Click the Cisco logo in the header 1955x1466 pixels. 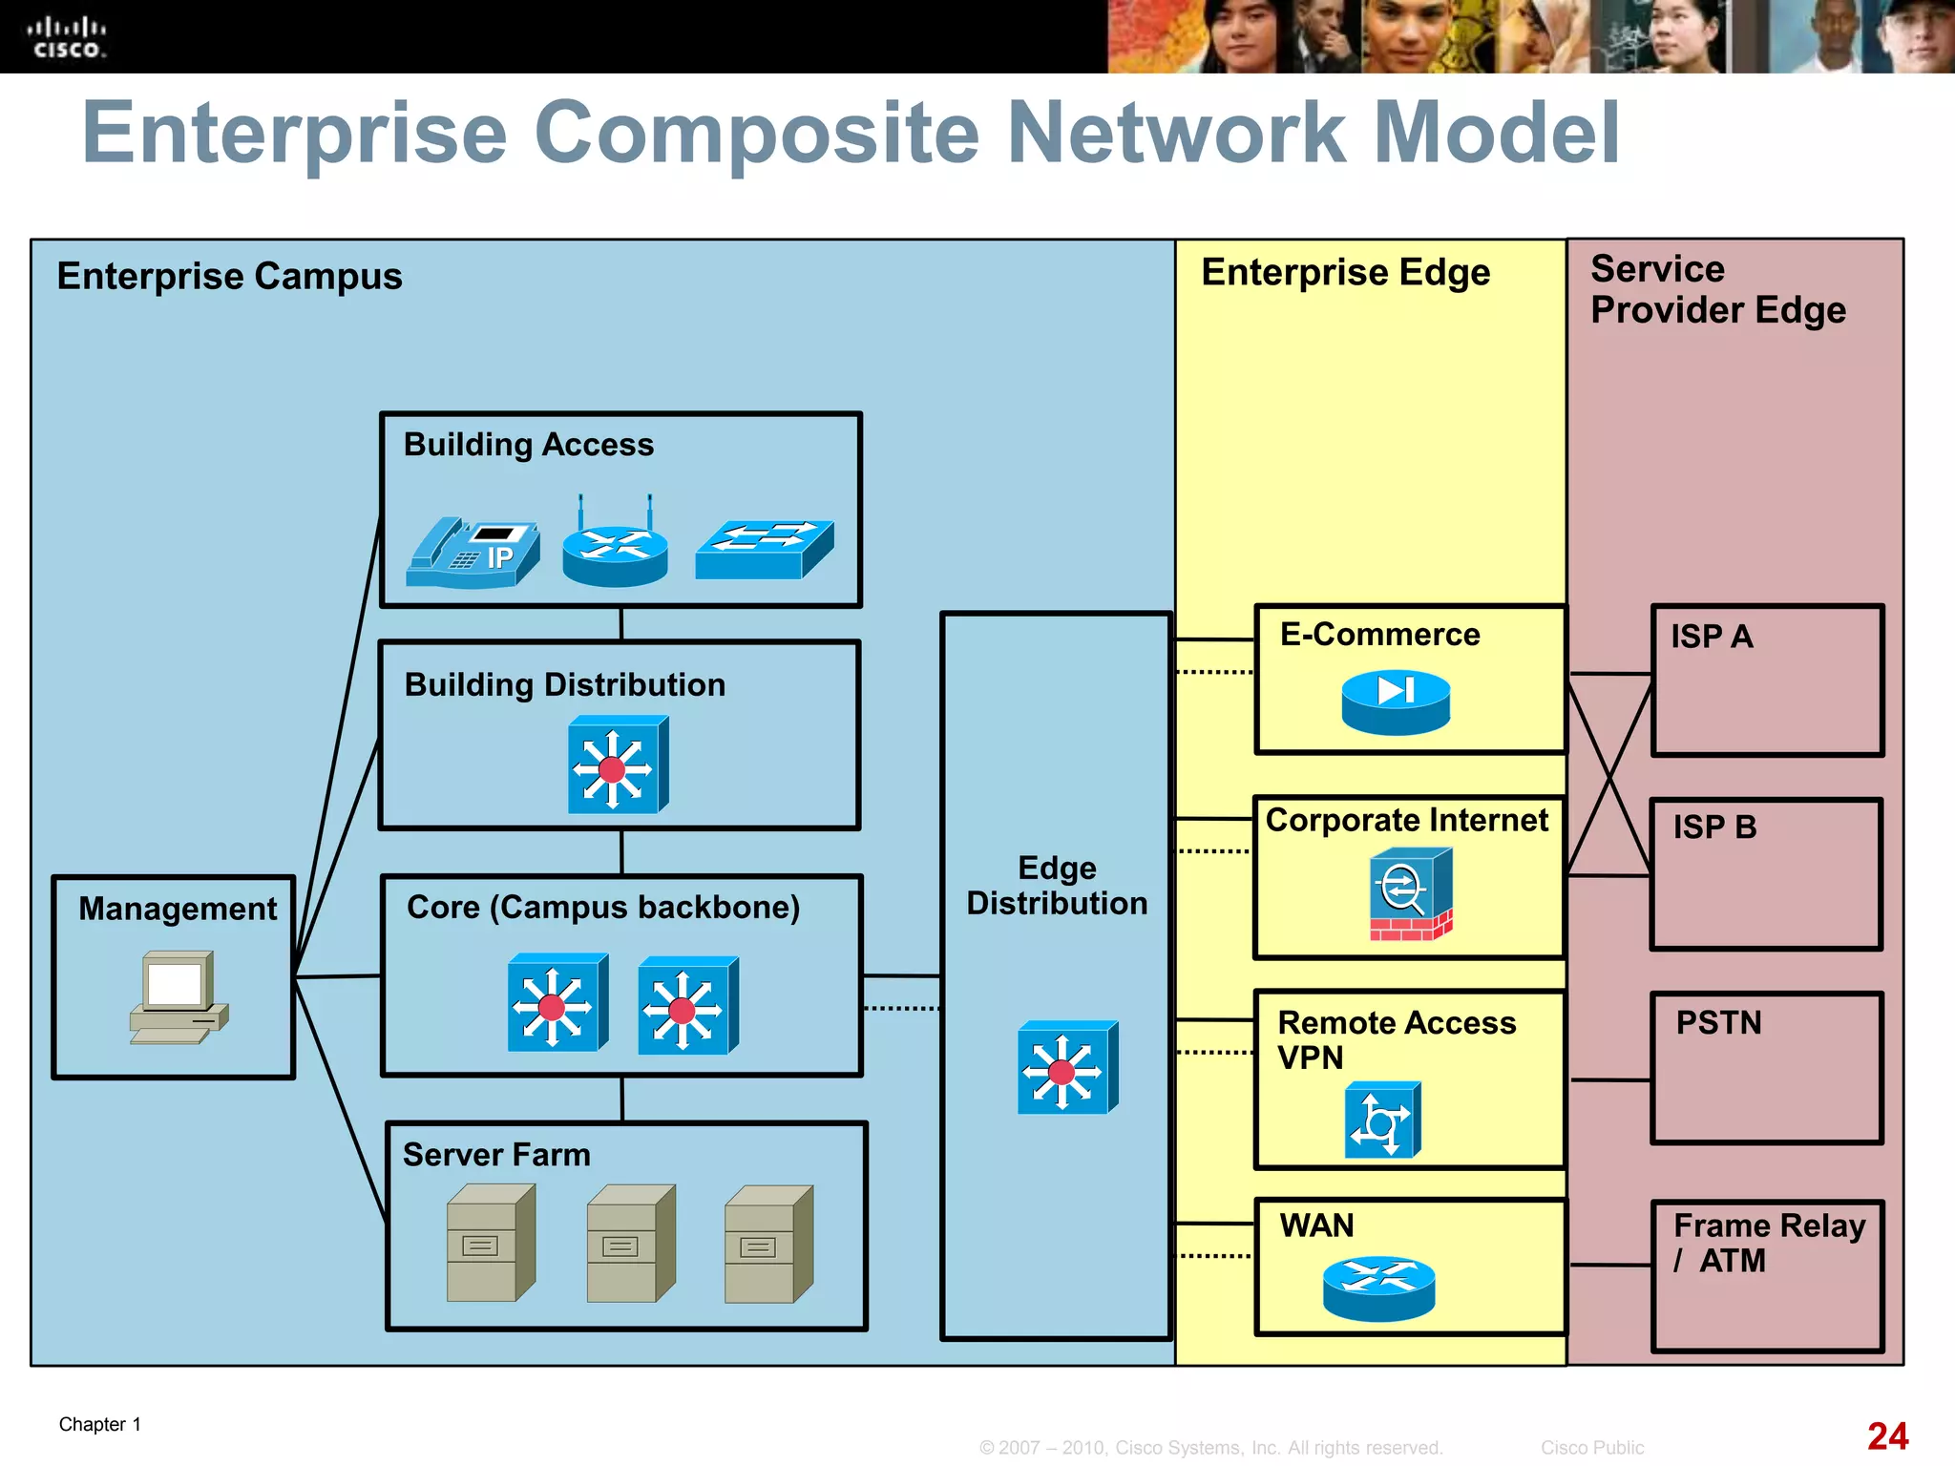click(x=66, y=38)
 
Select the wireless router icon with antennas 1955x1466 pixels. click(x=615, y=549)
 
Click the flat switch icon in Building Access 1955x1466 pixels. click(x=764, y=550)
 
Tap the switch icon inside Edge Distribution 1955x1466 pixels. click(x=1066, y=1068)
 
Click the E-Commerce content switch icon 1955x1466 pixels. click(x=1396, y=702)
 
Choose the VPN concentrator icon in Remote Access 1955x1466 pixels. click(x=1382, y=1120)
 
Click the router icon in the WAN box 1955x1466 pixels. click(x=1379, y=1288)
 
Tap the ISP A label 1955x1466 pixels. click(x=1712, y=637)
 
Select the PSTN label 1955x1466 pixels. click(x=1718, y=1023)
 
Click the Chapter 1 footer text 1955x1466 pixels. click(x=100, y=1425)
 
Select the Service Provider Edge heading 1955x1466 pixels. click(x=1717, y=289)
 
